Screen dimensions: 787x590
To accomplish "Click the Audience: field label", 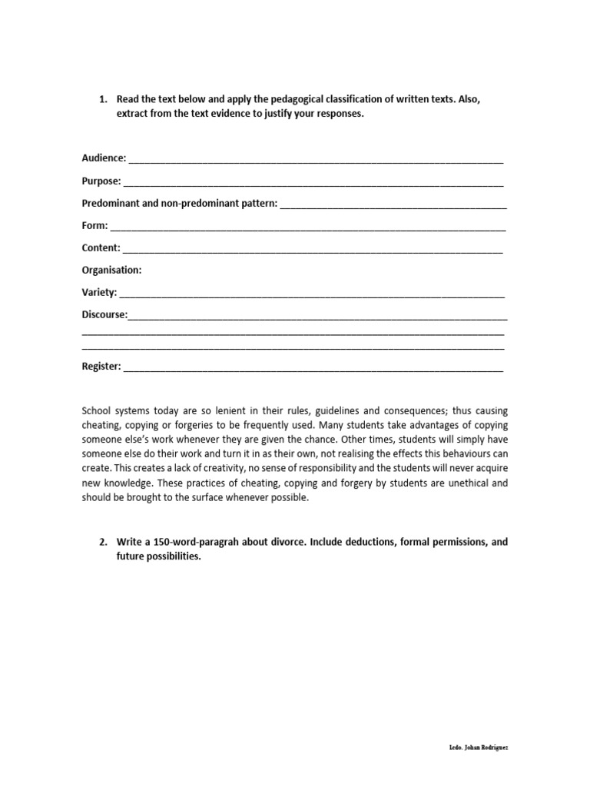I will (x=104, y=158).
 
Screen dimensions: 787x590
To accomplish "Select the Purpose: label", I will (x=101, y=181).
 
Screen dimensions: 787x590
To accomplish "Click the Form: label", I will (x=94, y=226).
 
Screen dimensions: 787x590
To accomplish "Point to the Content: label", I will (x=101, y=248).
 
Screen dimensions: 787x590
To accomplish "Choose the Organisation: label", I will (x=111, y=271).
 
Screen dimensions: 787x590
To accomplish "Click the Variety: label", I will (x=99, y=293).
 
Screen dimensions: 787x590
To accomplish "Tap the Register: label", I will (x=101, y=367).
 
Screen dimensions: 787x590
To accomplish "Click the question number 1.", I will (x=103, y=100).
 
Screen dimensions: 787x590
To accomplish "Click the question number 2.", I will (x=103, y=542).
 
